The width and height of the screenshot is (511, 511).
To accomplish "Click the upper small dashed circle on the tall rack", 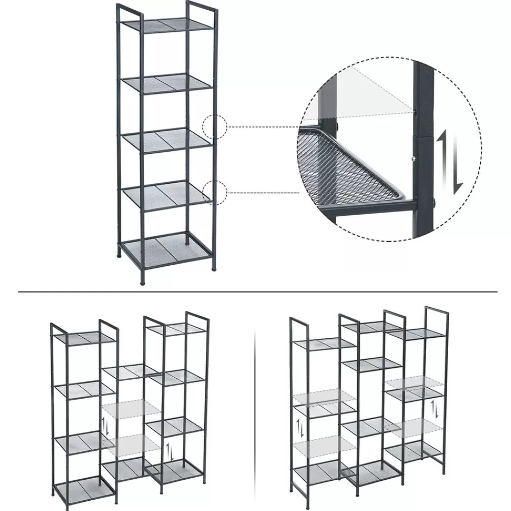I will point(214,126).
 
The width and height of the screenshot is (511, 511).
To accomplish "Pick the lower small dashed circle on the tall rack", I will point(214,192).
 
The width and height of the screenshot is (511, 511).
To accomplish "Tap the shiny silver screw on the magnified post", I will point(412,159).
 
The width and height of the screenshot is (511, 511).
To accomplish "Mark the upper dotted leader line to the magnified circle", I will point(261,126).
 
